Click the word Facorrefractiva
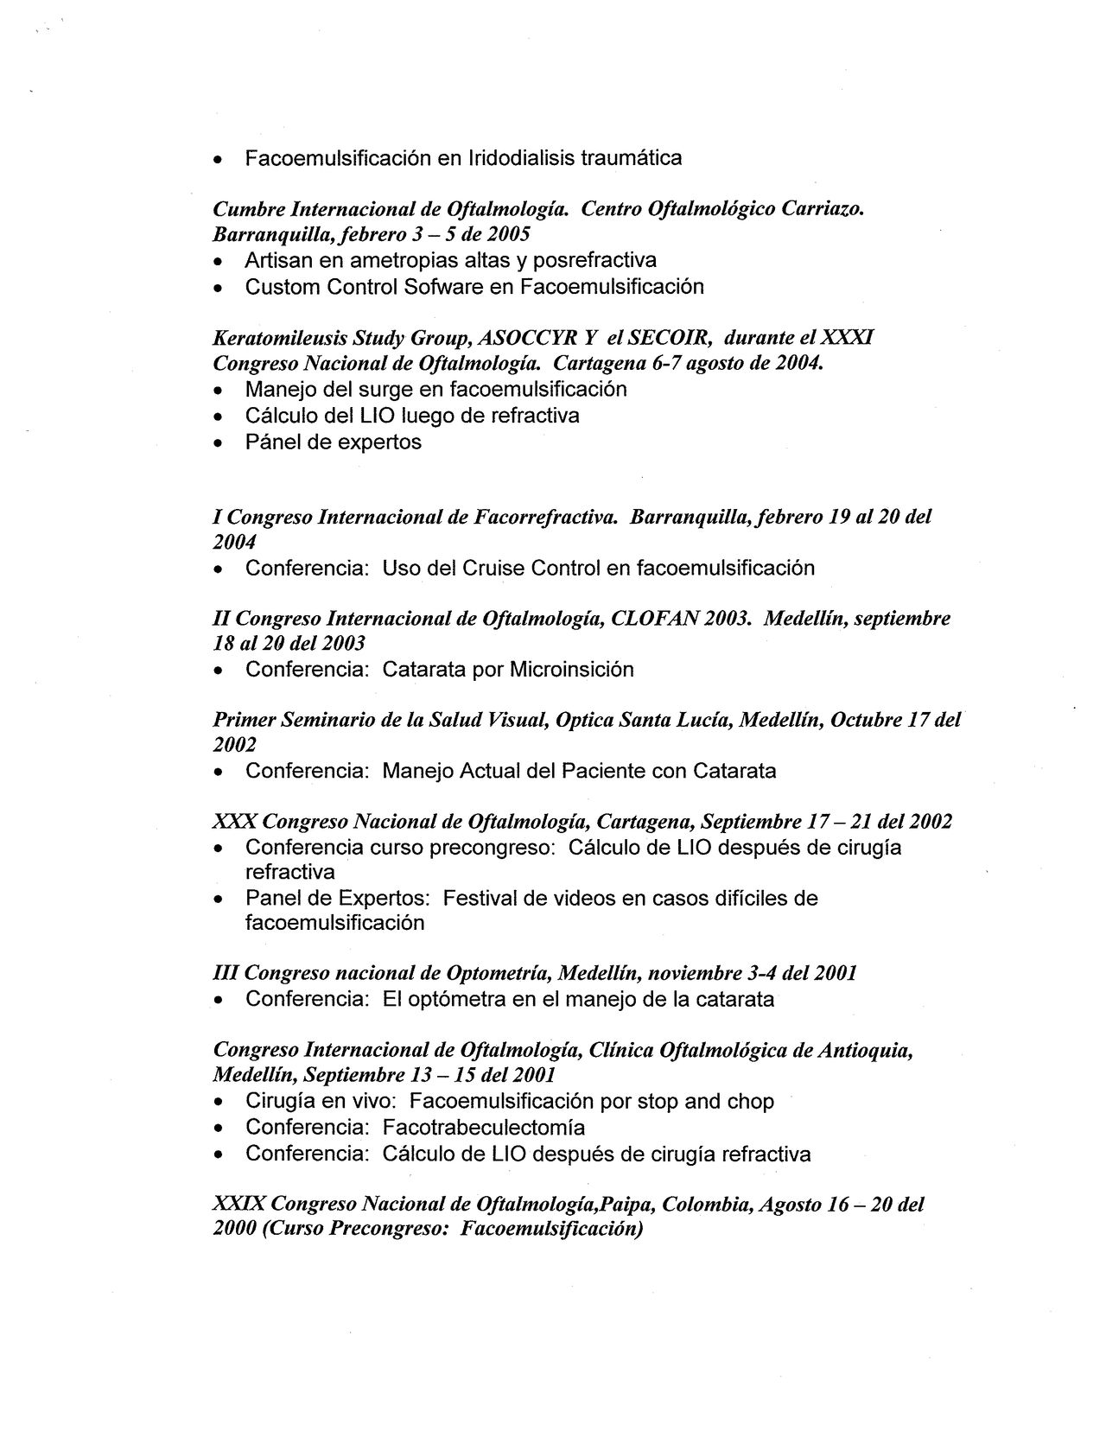pyautogui.click(x=545, y=518)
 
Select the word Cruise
pyautogui.click(x=492, y=569)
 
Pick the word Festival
pyautogui.click(x=480, y=899)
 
